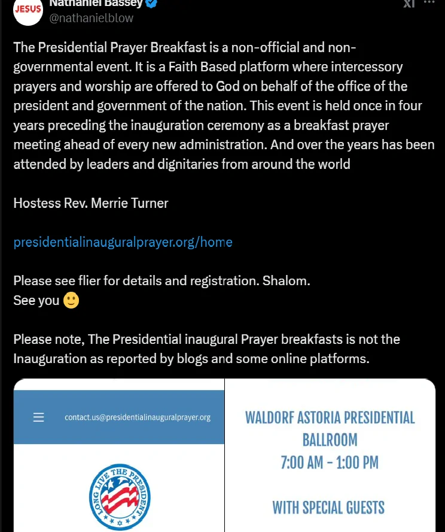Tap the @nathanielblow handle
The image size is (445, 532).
pyautogui.click(x=92, y=18)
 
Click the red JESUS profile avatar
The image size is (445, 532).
pyautogui.click(x=28, y=10)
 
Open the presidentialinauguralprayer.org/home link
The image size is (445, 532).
pyautogui.click(x=123, y=242)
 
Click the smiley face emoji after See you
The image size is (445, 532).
pyautogui.click(x=71, y=300)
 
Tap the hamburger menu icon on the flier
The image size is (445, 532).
pyautogui.click(x=38, y=418)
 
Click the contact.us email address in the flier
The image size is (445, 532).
pyautogui.click(x=138, y=418)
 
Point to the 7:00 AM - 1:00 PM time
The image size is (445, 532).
pyautogui.click(x=330, y=462)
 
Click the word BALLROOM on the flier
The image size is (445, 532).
pyautogui.click(x=330, y=440)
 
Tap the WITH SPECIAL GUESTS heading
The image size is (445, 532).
pyautogui.click(x=328, y=508)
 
